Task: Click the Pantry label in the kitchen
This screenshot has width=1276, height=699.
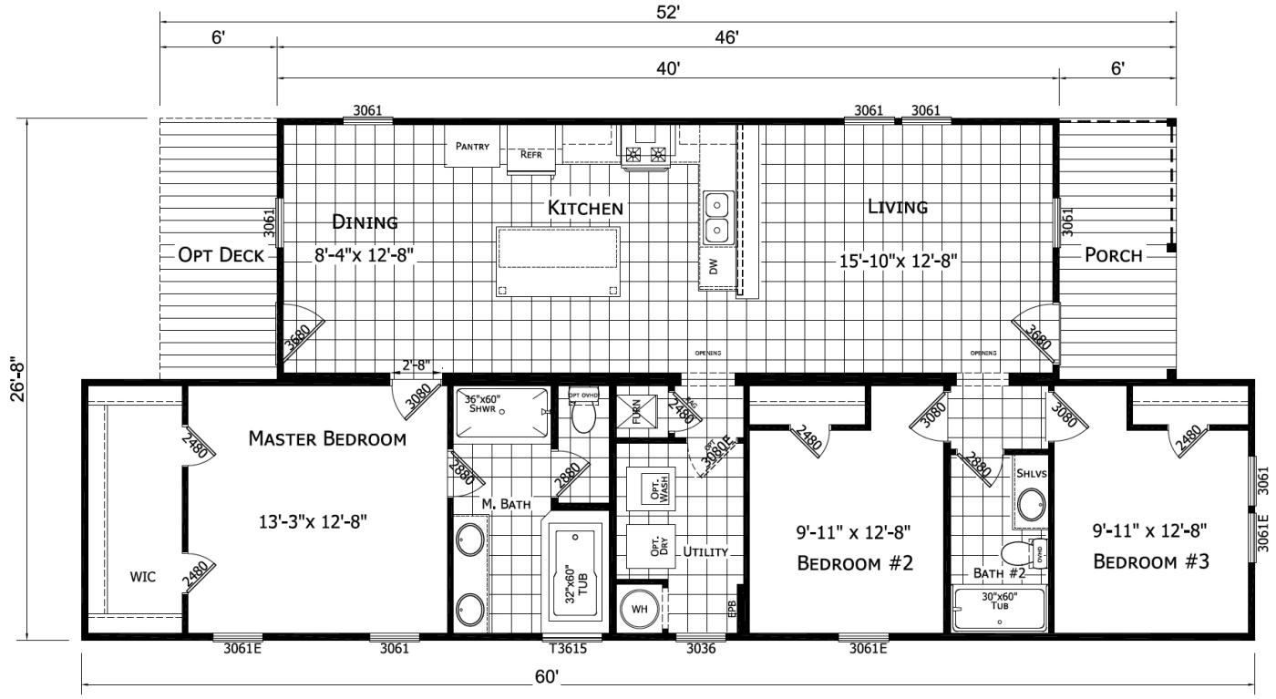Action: (472, 147)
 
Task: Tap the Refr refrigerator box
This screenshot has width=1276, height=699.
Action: (530, 154)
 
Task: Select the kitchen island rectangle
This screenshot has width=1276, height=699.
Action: (558, 262)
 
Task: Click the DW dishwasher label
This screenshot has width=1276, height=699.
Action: (715, 267)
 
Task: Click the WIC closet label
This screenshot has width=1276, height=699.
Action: (143, 577)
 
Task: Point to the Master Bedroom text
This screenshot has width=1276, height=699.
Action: (327, 439)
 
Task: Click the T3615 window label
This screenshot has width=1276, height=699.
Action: (566, 649)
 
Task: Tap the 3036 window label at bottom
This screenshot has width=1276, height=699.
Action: (700, 649)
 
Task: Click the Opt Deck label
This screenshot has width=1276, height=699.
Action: (221, 255)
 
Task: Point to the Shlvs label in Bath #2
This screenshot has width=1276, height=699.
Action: (1030, 475)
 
